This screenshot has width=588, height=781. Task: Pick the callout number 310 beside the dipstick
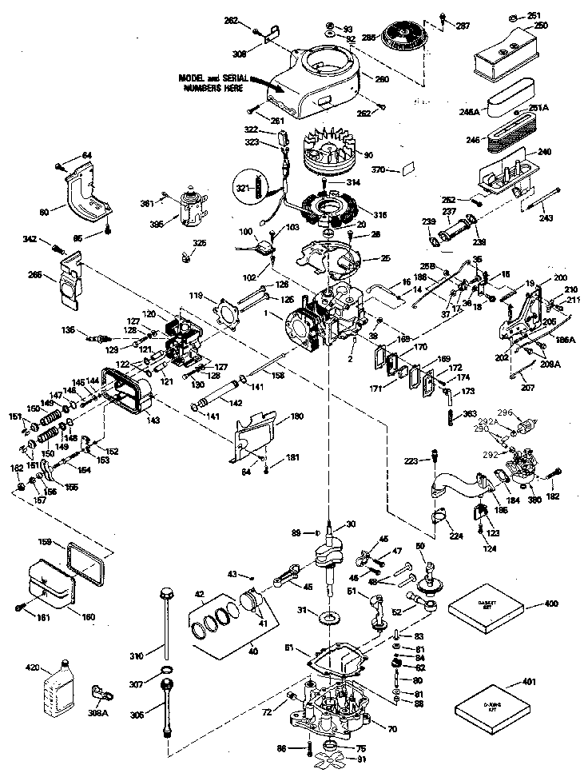point(137,656)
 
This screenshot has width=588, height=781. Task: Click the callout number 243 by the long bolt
point(546,217)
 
